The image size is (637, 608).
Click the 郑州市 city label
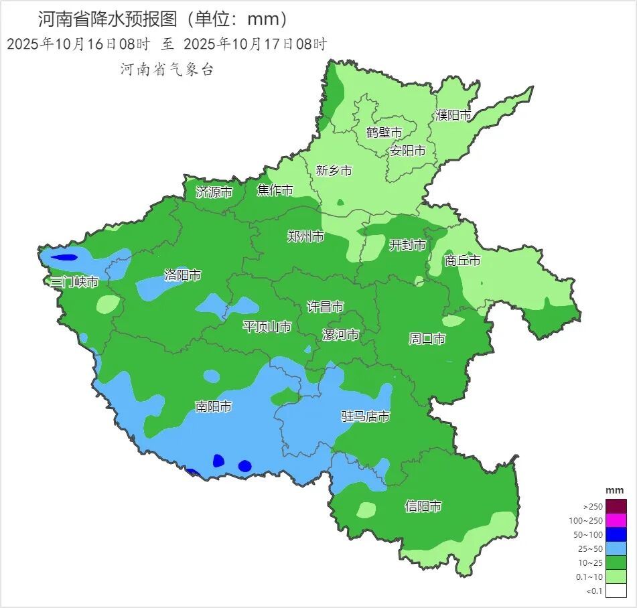point(305,236)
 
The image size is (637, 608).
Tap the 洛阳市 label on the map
point(182,275)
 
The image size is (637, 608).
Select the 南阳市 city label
point(213,406)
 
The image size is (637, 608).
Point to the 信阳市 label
point(423,506)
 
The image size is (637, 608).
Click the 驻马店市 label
point(365,416)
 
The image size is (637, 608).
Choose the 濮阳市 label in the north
point(453,115)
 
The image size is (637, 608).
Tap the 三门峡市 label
point(74,282)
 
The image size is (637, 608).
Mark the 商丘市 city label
point(462,260)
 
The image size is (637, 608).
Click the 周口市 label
point(427,339)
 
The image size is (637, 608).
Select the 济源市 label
point(214,192)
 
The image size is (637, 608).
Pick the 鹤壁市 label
point(384,132)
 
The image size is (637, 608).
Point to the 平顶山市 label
point(267,327)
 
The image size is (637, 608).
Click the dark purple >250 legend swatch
point(617,506)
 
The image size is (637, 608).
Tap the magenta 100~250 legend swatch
point(617,520)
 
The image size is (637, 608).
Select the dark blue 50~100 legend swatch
point(617,534)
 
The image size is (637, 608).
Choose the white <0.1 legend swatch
point(617,590)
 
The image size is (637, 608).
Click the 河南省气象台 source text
point(166,69)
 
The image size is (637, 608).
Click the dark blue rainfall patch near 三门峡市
point(64,257)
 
